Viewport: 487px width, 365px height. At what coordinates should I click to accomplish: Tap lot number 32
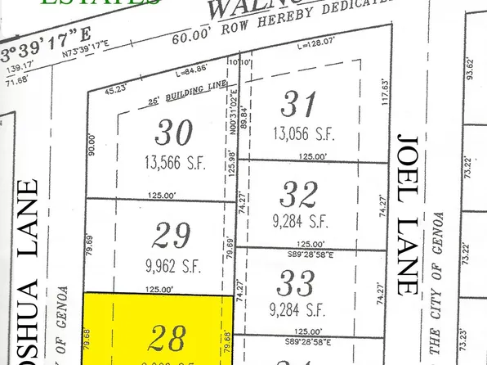(x=297, y=194)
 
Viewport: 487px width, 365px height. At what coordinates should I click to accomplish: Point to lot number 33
(x=295, y=284)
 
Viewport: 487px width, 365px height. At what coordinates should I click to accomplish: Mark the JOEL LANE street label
(x=404, y=212)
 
